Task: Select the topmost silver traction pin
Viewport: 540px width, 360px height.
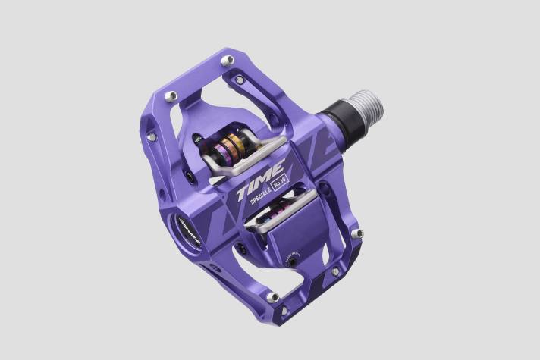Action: point(226,59)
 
